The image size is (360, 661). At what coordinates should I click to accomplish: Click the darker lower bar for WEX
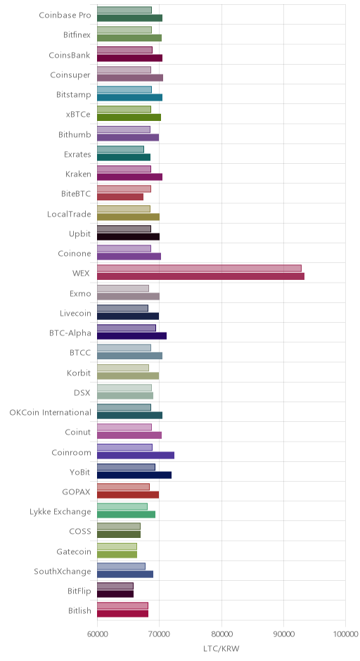(200, 276)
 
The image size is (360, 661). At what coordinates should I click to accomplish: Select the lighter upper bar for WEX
(200, 269)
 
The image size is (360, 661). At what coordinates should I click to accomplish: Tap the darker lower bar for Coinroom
(136, 455)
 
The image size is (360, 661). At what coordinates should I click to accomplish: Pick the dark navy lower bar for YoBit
(134, 475)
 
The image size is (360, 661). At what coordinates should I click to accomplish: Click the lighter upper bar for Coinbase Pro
(124, 10)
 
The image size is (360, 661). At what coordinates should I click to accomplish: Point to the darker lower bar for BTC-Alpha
(132, 336)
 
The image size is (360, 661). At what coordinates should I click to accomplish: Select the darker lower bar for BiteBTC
(120, 197)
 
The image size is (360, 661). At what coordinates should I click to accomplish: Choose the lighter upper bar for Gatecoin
(117, 546)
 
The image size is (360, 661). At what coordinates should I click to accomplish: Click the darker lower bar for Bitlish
(122, 614)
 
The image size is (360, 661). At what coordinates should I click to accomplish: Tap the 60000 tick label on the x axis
(97, 634)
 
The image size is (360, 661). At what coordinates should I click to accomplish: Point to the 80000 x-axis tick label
(221, 634)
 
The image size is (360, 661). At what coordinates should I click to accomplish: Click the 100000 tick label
(346, 634)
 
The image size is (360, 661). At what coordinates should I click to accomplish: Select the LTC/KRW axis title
(221, 649)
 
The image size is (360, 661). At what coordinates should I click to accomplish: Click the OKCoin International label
(50, 412)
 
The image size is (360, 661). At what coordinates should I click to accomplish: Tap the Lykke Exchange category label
(60, 512)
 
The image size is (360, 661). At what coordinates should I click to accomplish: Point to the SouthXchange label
(63, 572)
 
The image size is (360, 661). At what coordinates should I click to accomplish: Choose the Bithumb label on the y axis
(75, 135)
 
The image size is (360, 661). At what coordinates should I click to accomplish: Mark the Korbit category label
(79, 373)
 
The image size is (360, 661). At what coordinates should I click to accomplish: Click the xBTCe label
(78, 115)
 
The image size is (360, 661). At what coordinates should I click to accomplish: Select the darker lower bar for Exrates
(124, 158)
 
